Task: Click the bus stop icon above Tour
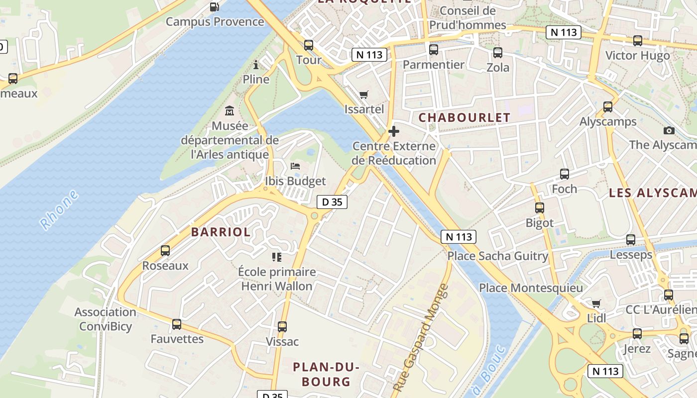coord(309,45)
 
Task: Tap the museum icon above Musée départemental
coord(230,110)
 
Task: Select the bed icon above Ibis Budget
coord(295,166)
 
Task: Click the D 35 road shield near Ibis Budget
coord(332,202)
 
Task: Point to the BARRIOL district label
coord(221,232)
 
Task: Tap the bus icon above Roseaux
coord(165,251)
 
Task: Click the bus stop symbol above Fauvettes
coord(177,324)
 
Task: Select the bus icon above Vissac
coord(282,327)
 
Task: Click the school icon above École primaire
coord(277,257)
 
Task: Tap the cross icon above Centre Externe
coord(394,131)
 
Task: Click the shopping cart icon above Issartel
coord(364,95)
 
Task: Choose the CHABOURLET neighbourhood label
coord(464,118)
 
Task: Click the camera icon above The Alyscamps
coord(669,130)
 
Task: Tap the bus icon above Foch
coord(565,174)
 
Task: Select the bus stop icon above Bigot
coord(540,208)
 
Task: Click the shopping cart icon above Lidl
coord(596,303)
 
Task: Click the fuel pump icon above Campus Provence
coord(215,7)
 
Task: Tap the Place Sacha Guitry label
coord(497,256)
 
